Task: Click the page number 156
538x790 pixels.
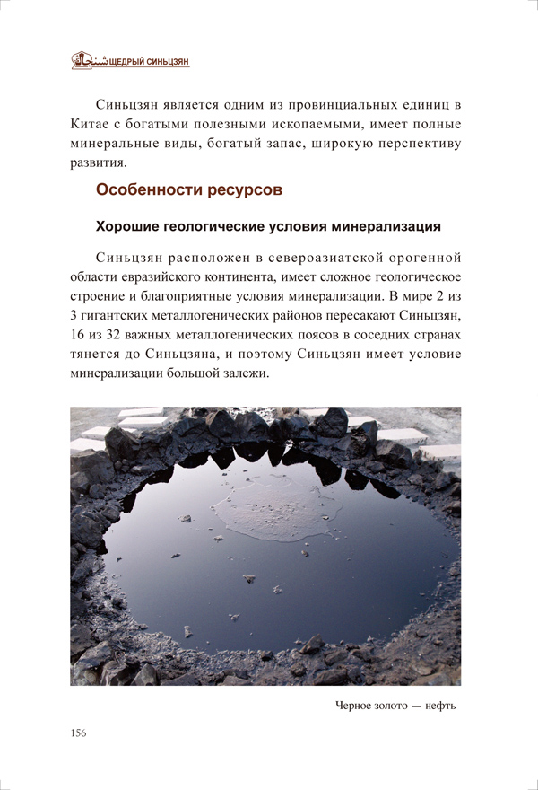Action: (78, 733)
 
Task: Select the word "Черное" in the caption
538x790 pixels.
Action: (350, 705)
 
